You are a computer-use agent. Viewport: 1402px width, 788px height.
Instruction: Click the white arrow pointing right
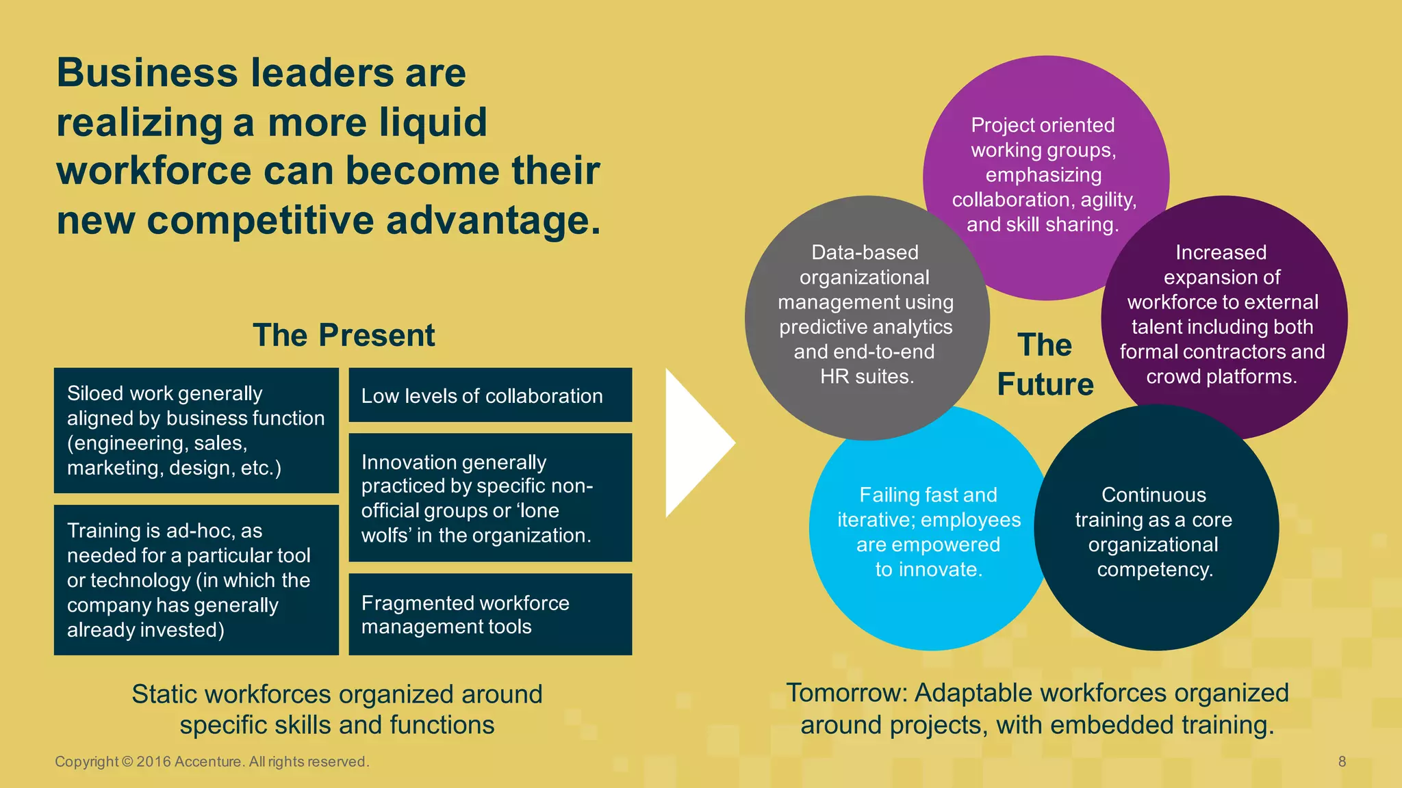(x=695, y=443)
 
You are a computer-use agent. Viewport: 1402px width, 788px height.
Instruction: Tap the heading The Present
(x=344, y=335)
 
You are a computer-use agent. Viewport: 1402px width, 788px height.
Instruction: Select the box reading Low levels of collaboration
(x=490, y=395)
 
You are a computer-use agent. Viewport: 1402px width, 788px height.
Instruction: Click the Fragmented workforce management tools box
(x=490, y=614)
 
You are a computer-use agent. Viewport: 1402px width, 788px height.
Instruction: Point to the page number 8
(x=1342, y=761)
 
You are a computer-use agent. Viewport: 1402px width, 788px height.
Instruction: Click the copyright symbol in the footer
(x=127, y=761)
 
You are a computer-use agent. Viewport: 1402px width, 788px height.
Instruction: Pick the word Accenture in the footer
(x=207, y=761)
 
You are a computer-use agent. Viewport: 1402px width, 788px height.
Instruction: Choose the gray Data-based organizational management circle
(x=865, y=315)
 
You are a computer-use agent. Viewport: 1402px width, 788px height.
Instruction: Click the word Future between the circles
(x=1045, y=384)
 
